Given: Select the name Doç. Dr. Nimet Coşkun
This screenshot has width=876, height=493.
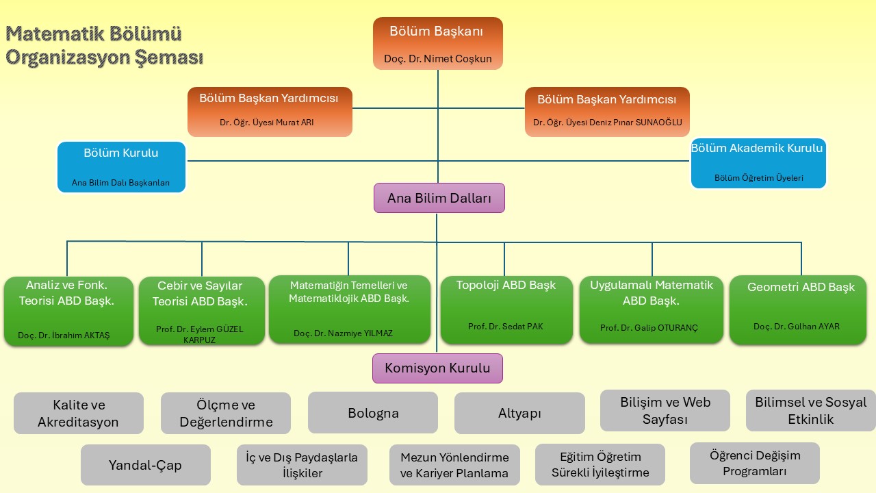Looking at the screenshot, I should (x=437, y=59).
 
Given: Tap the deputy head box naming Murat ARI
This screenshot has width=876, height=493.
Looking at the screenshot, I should (x=270, y=112).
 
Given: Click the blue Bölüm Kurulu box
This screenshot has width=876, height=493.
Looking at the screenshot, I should (x=121, y=167).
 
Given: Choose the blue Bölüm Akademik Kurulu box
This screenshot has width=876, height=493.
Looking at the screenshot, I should (x=758, y=164).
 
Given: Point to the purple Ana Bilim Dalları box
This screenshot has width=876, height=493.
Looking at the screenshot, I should (x=439, y=199).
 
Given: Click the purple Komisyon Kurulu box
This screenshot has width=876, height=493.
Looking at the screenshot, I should (x=437, y=368).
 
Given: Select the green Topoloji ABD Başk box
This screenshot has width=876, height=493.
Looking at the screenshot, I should (x=506, y=309).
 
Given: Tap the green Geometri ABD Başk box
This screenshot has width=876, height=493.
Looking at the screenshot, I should (x=797, y=309).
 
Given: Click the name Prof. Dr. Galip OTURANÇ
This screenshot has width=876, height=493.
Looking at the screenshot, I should (x=649, y=328).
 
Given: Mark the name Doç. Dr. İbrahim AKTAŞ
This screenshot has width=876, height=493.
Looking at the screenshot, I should (x=64, y=336).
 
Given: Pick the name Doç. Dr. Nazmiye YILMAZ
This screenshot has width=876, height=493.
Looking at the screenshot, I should (x=343, y=333).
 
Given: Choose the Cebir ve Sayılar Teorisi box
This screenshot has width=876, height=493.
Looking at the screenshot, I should (x=201, y=309).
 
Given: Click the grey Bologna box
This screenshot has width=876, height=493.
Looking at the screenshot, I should (x=373, y=413).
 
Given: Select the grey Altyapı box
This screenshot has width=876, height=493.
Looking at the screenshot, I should (x=519, y=413).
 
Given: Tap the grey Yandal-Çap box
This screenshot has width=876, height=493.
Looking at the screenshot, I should (x=145, y=465).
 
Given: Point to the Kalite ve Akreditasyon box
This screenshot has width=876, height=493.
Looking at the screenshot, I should (x=79, y=414).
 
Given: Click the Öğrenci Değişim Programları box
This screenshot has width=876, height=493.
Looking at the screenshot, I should (x=754, y=464).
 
